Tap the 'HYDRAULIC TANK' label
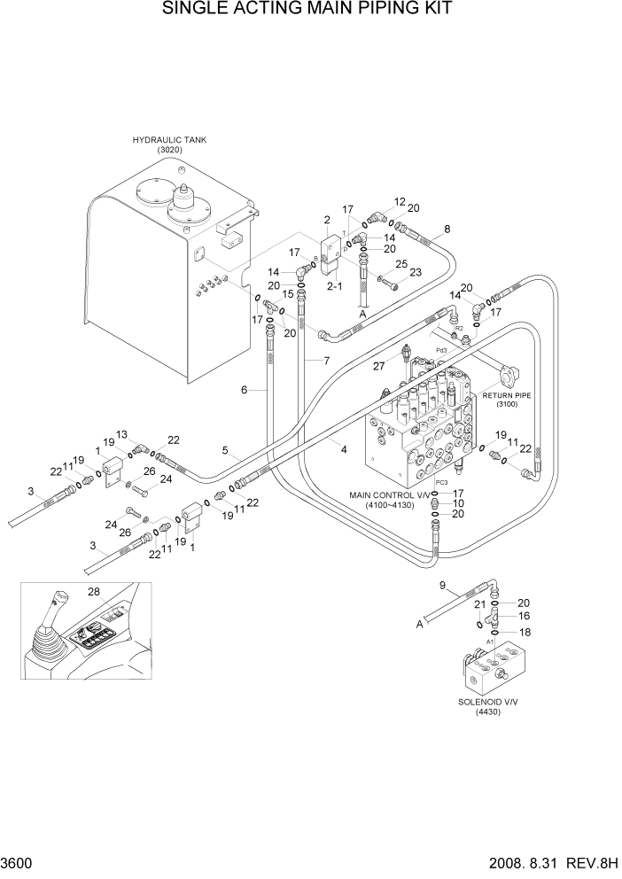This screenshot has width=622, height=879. click(x=163, y=140)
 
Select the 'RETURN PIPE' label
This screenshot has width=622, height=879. click(x=506, y=395)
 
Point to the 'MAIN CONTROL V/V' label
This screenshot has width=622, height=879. click(x=388, y=495)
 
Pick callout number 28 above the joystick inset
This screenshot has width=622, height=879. click(x=93, y=591)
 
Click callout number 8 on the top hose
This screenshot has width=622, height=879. click(x=447, y=229)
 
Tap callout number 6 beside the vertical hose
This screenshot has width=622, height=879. click(x=243, y=389)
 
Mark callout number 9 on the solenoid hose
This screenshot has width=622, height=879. click(x=444, y=586)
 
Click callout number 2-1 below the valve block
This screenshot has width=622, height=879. click(x=336, y=287)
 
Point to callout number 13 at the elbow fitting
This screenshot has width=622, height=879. click(x=122, y=433)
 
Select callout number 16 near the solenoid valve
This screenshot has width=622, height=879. click(x=523, y=614)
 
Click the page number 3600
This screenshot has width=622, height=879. click(x=18, y=862)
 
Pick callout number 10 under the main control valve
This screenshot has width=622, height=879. click(x=458, y=503)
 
